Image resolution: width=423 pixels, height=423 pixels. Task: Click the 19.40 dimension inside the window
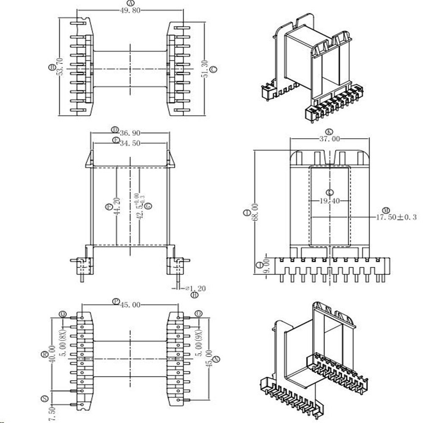click(x=330, y=201)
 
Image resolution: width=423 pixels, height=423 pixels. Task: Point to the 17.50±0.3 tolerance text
click(x=396, y=217)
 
